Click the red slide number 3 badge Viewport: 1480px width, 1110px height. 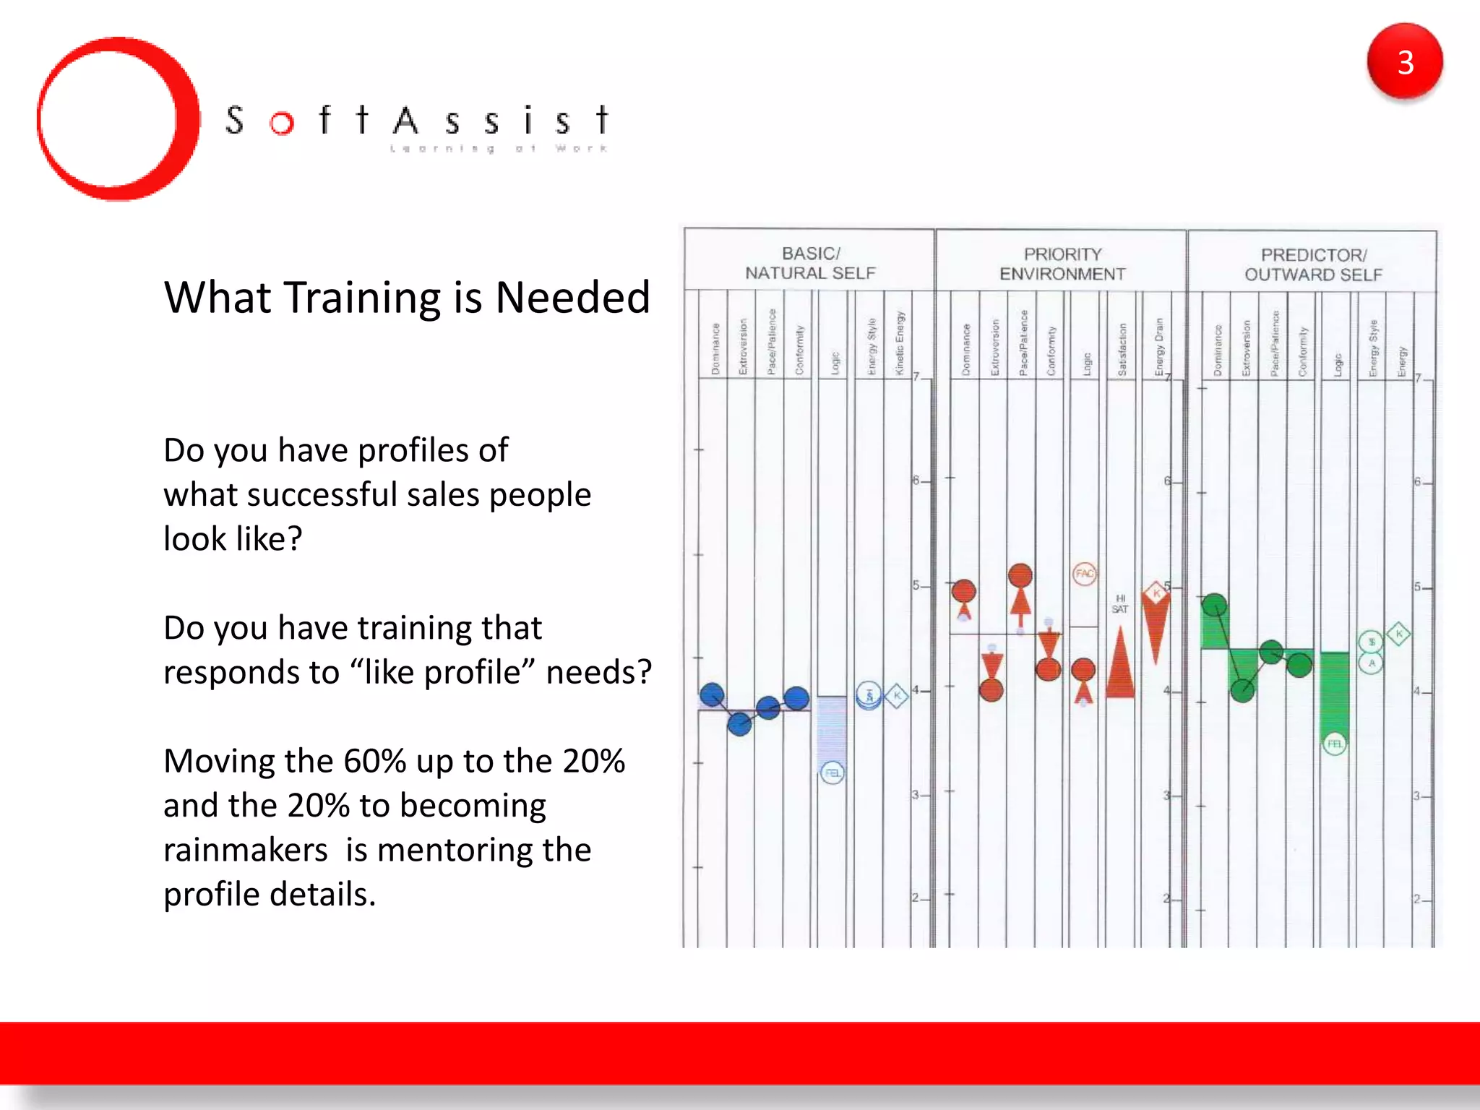(1404, 62)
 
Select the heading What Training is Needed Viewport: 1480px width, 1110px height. (407, 297)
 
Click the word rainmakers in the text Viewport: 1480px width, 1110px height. (246, 850)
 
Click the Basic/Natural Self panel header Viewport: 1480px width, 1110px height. (810, 263)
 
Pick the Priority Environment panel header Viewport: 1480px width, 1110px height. (1062, 264)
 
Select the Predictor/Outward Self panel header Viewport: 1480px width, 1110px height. (1313, 264)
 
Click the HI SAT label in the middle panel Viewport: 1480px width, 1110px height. (1120, 603)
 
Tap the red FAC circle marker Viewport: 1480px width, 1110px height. (1085, 574)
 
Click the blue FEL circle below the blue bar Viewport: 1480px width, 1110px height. (832, 773)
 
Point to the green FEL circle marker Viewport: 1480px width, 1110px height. (1335, 744)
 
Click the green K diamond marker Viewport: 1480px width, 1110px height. (1399, 634)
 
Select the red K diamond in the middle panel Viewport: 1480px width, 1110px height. (1156, 593)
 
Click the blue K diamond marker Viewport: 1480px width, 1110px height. (897, 696)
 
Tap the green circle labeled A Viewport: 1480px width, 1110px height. (1372, 663)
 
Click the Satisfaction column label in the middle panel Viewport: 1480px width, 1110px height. (1122, 350)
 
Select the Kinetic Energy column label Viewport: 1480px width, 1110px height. (900, 343)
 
